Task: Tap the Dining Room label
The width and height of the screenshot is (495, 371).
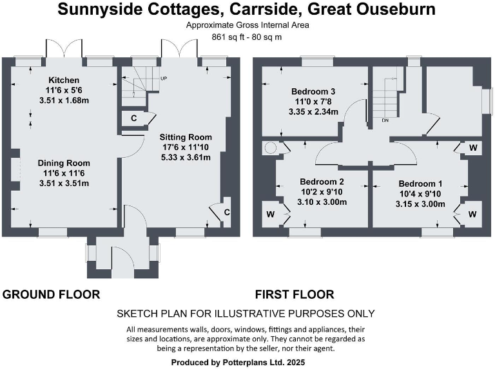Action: point(63,163)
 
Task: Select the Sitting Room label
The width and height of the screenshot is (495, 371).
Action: point(186,137)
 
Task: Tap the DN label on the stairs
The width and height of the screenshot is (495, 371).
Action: point(385,120)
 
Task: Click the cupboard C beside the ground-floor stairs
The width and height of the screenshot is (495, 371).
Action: point(133,119)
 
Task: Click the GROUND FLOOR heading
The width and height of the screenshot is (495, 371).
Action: point(51,295)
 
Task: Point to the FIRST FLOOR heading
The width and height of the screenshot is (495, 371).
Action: point(294,295)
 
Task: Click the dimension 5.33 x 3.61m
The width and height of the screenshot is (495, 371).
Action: point(186,158)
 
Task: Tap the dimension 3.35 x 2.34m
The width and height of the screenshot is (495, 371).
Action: point(313,111)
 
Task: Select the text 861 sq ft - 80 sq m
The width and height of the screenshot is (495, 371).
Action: point(247,37)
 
